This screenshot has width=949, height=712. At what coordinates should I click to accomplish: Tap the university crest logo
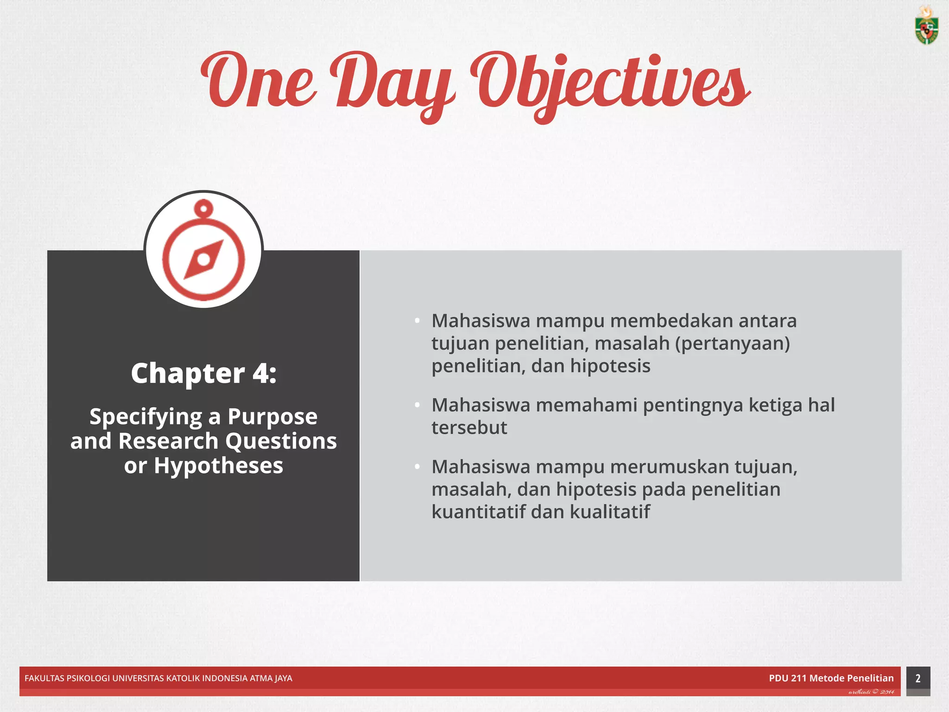coord(926,26)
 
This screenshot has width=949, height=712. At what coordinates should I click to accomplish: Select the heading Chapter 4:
coord(203,373)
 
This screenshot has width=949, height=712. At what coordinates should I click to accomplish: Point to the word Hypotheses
coord(218,465)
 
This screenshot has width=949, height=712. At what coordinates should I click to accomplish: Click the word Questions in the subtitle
coord(281,441)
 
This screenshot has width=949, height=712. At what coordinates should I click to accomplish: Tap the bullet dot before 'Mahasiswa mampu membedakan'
coord(417,320)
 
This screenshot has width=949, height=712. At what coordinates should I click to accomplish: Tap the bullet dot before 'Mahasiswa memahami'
coord(417,405)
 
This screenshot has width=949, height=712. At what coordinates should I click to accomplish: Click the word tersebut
coord(469,427)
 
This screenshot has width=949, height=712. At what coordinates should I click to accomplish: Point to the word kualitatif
coord(609,512)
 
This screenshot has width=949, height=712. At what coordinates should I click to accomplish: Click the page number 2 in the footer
coord(917,678)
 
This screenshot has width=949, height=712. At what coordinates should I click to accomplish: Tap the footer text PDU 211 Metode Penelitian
coord(831,678)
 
